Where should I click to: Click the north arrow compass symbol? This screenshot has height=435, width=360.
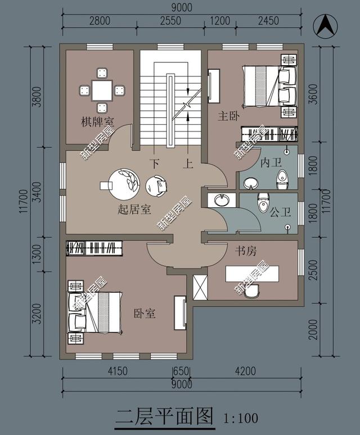pos(325,26)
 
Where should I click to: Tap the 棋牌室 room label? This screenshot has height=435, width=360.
pos(97,121)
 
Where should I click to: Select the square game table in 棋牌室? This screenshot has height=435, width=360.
pos(102,90)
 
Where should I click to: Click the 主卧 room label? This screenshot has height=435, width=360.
pos(228,116)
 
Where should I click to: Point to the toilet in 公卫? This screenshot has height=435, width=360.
pos(263,202)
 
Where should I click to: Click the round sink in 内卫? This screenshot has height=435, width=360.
pos(251,183)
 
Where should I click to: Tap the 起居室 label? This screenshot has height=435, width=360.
pos(134,209)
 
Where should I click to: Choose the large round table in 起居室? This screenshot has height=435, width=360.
pos(124,184)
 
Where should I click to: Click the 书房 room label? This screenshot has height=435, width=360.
pos(246,251)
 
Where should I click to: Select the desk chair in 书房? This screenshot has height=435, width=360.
pos(252,291)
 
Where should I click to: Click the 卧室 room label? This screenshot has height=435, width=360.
pos(145,313)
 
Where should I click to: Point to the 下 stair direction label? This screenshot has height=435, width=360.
pos(155,164)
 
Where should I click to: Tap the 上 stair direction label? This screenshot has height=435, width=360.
pos(188,164)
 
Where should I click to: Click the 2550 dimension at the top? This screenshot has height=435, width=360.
pos(170,21)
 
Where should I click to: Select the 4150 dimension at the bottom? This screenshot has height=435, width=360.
pos(118,371)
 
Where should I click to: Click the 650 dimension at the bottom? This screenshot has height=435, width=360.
pos(181,371)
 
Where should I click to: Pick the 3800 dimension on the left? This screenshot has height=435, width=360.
pos(37,97)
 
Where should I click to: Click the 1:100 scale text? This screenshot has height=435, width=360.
pos(241,418)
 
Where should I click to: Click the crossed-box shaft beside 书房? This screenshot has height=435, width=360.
pos(200,287)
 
